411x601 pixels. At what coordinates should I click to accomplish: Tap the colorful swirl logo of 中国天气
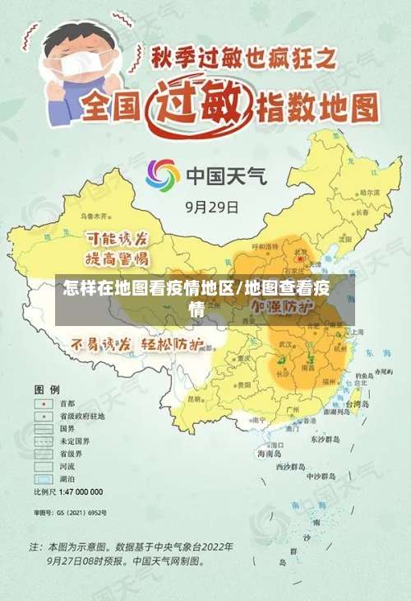(x=163, y=175)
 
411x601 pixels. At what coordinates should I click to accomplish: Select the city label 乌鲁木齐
(x=95, y=215)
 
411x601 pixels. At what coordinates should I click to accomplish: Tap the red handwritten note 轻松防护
(x=173, y=343)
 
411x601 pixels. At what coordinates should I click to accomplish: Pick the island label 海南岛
(x=269, y=453)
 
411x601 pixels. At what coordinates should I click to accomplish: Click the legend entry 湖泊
(x=67, y=478)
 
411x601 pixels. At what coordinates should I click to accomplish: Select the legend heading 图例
(x=46, y=388)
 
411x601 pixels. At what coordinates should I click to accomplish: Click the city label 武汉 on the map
(x=286, y=344)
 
